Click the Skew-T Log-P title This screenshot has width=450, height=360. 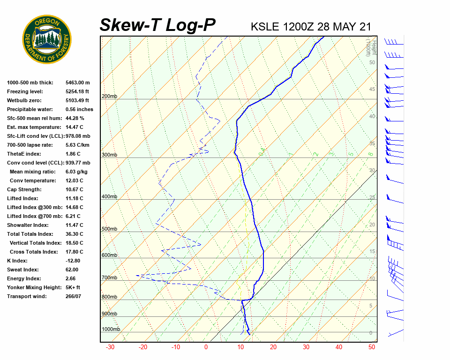157,25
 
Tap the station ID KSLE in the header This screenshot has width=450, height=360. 265,26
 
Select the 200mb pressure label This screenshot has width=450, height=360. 109,97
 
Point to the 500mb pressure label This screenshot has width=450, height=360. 109,229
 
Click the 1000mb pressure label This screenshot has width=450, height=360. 111,329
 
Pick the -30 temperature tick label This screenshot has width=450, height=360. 110,347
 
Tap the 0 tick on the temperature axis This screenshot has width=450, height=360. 206,347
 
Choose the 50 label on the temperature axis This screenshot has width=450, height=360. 372,347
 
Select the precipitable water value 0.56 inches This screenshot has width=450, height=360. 79,109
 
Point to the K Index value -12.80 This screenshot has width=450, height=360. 73,261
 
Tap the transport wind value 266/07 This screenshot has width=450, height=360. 73,296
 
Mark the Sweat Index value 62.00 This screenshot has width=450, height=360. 72,270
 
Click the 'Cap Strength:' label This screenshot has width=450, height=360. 24,189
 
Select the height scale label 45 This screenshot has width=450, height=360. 372,90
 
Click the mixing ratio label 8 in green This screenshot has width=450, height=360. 370,154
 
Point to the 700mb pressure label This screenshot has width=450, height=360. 109,278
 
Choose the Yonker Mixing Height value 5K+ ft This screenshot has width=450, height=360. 73,287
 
